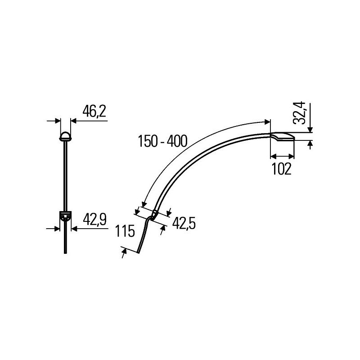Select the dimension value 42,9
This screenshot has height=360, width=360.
click(x=94, y=220)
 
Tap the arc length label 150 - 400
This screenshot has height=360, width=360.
click(x=162, y=141)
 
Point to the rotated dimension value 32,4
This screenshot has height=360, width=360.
click(x=301, y=113)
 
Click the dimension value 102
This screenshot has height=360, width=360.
click(x=282, y=169)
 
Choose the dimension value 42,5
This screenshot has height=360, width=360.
click(x=184, y=223)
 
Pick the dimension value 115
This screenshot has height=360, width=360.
click(x=125, y=231)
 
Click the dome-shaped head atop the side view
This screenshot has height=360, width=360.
click(x=65, y=136)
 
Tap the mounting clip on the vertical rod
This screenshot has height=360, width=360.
click(x=65, y=216)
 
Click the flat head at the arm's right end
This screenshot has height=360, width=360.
click(x=283, y=136)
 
